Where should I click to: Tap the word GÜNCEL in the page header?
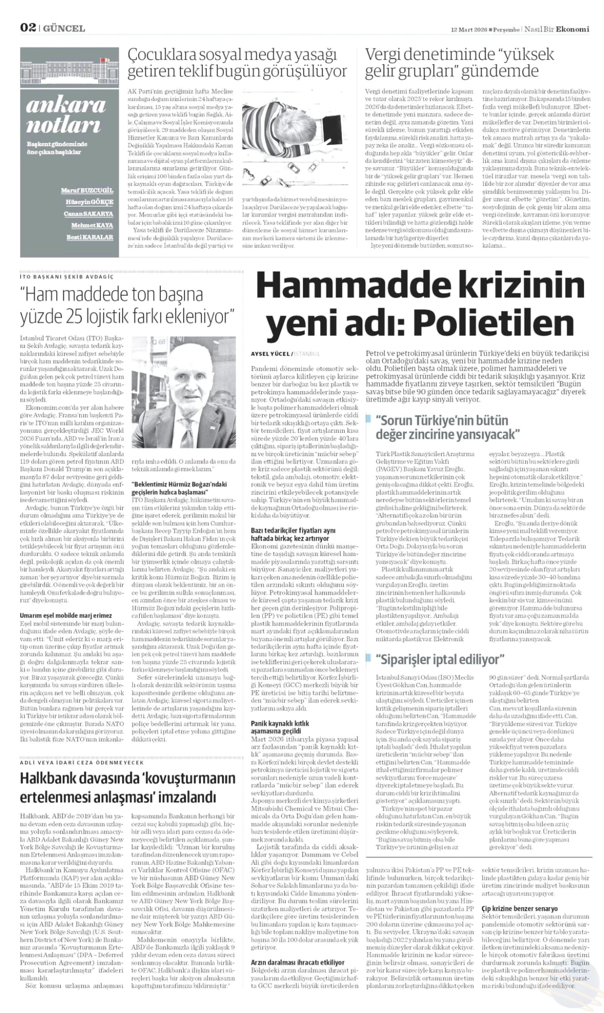64,29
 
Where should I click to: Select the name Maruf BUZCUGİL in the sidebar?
87,190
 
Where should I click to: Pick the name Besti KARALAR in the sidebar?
90,237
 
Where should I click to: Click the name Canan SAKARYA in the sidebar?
88,214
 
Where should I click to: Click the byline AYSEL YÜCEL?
270,354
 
